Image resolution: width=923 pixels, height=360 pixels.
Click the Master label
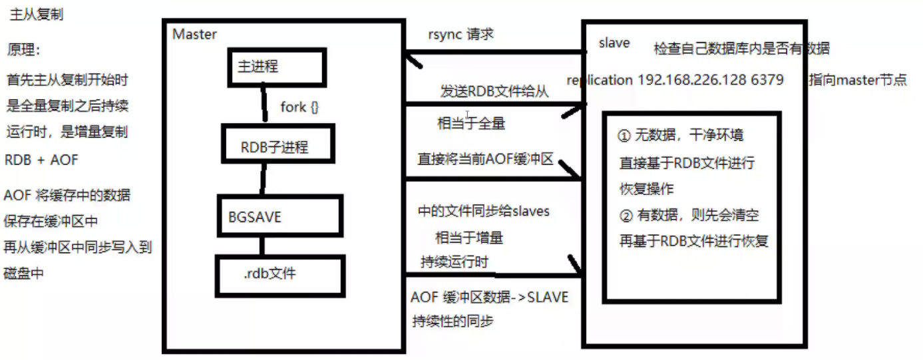pos(194,34)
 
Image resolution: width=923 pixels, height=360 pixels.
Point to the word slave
pos(614,43)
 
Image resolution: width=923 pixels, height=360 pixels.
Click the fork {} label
pos(300,106)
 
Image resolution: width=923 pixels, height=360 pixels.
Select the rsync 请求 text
pos(461,35)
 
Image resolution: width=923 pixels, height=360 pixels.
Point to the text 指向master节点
pos(858,81)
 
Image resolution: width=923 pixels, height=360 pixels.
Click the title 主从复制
pos(37,15)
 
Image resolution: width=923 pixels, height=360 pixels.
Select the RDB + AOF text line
pos(41,160)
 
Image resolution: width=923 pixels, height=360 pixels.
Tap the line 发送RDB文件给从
pos(494,92)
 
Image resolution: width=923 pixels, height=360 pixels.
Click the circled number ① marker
pos(624,136)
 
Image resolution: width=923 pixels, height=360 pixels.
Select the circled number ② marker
pos(624,216)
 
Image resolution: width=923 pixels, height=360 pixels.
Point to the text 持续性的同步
pos(453,321)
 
